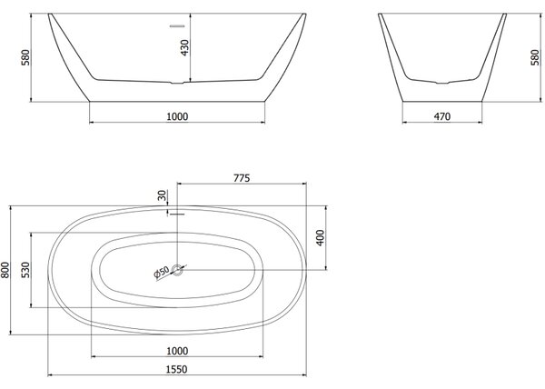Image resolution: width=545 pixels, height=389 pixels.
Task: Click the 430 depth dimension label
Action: point(185,47)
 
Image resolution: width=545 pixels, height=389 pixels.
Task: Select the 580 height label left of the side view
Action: point(25,57)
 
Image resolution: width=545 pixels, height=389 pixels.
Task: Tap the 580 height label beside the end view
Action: point(536,57)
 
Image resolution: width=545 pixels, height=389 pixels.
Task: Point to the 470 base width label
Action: point(442,116)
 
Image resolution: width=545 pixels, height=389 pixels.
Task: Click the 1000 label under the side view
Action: point(177,116)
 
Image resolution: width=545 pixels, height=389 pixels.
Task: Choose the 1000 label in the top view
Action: point(177,351)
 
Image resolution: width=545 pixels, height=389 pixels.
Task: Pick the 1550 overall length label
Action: point(176,369)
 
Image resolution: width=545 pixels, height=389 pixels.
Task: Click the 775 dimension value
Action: point(242,178)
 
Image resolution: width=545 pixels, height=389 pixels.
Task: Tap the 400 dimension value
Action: point(321,238)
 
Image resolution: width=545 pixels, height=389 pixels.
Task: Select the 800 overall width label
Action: point(5,270)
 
